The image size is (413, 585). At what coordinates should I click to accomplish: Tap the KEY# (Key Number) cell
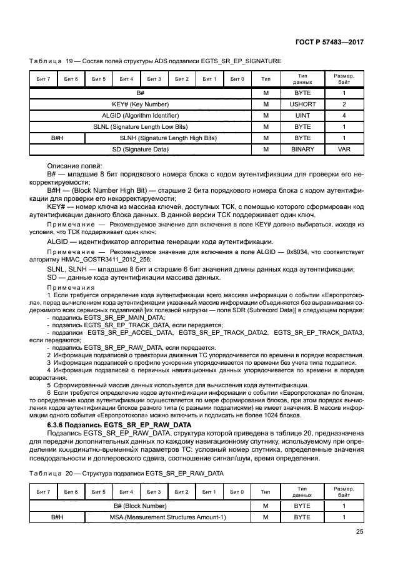[x=140, y=104]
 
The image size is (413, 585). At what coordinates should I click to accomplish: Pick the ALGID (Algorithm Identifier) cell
[x=140, y=115]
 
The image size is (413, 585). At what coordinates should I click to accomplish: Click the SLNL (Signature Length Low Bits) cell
[x=140, y=126]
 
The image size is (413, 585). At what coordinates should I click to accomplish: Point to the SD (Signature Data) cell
[x=140, y=149]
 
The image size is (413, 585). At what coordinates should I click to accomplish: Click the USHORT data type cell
[x=302, y=104]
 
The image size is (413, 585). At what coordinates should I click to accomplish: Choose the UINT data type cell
[x=302, y=115]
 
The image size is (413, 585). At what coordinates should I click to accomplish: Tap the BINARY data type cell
[x=302, y=149]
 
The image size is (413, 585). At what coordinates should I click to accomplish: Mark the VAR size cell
[x=344, y=149]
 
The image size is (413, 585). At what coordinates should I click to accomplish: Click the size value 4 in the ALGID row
[x=344, y=115]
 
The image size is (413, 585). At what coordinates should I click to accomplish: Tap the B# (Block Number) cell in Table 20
[x=140, y=506]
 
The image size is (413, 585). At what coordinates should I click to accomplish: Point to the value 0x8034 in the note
[x=296, y=250]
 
